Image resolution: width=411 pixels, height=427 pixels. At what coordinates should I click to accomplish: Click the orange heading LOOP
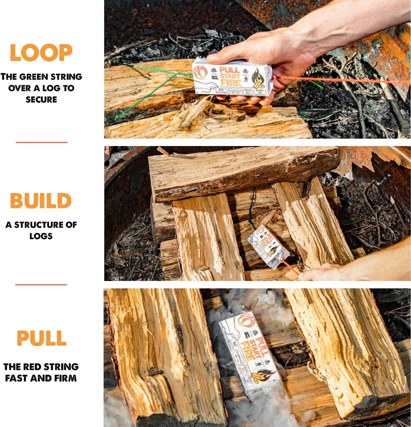click(x=41, y=53)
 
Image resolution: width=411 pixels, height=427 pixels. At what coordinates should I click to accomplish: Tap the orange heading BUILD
click(x=41, y=201)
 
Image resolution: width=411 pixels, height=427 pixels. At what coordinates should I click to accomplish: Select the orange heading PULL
click(x=41, y=338)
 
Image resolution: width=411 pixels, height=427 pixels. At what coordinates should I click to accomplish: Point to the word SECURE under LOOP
click(x=41, y=99)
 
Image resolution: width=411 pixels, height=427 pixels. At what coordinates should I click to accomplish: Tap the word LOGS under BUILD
click(x=41, y=236)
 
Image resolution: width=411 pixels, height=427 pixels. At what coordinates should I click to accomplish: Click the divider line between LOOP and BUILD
click(x=41, y=142)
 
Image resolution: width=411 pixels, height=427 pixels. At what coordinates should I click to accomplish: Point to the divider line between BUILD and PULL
click(x=41, y=285)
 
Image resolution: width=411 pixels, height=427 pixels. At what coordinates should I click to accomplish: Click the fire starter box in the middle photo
click(x=268, y=246)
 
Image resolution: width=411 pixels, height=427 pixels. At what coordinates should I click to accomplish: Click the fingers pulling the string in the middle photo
click(x=318, y=273)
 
